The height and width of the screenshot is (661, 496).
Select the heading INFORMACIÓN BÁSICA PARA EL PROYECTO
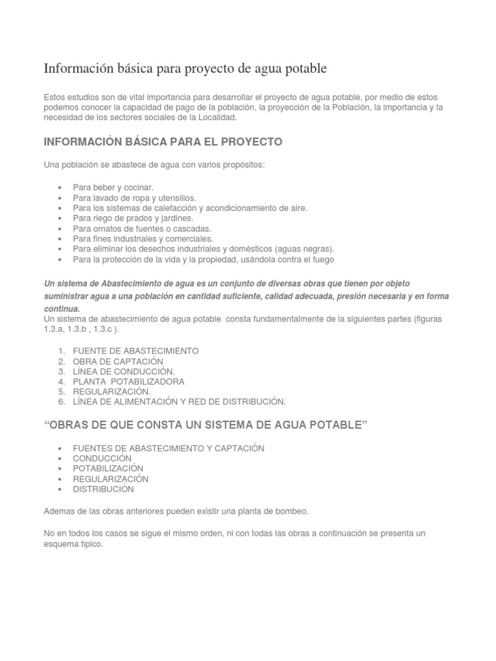[163, 141]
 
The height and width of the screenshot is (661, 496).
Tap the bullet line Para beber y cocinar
[113, 187]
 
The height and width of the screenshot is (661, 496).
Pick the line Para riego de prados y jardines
[132, 218]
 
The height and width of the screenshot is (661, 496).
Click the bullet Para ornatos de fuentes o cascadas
[142, 229]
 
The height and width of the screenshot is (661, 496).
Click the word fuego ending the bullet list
[322, 259]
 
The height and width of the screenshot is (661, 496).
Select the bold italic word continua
[61, 309]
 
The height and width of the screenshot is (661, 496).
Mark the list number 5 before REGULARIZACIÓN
[61, 391]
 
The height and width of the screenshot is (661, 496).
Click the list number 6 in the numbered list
[61, 402]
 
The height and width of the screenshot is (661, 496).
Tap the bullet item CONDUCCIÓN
[102, 458]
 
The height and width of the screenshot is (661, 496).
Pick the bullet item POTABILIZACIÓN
[108, 469]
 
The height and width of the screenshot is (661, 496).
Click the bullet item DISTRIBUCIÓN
[103, 489]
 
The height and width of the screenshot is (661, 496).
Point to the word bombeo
[292, 511]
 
